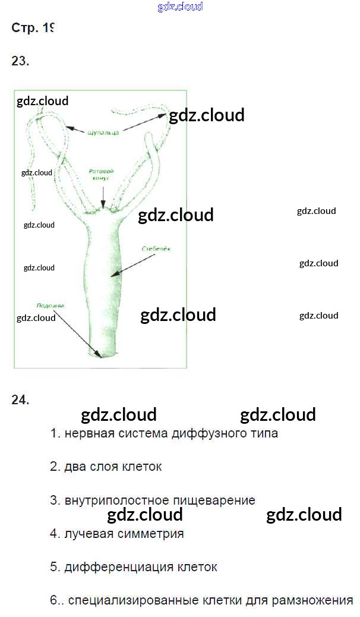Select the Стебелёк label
[156, 249]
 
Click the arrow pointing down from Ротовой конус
[103, 196]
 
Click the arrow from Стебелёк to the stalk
[131, 265]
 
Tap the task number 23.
[20, 61]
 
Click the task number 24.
[20, 400]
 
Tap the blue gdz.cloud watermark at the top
[181, 7]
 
